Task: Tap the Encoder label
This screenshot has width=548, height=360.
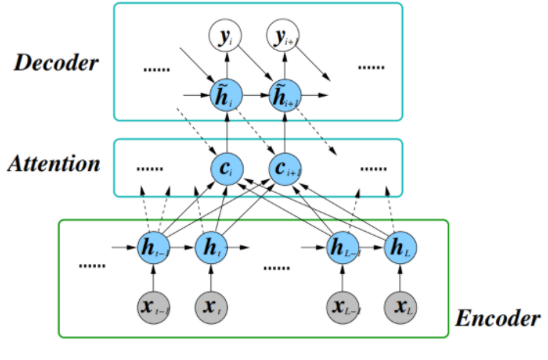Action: (498, 319)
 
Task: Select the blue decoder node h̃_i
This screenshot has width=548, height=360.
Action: (226, 96)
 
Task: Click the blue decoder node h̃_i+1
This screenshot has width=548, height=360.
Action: (284, 96)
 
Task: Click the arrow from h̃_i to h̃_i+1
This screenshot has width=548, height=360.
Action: (254, 96)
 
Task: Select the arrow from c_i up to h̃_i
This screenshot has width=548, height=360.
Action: (226, 131)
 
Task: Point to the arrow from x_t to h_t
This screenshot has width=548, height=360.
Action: (211, 278)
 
